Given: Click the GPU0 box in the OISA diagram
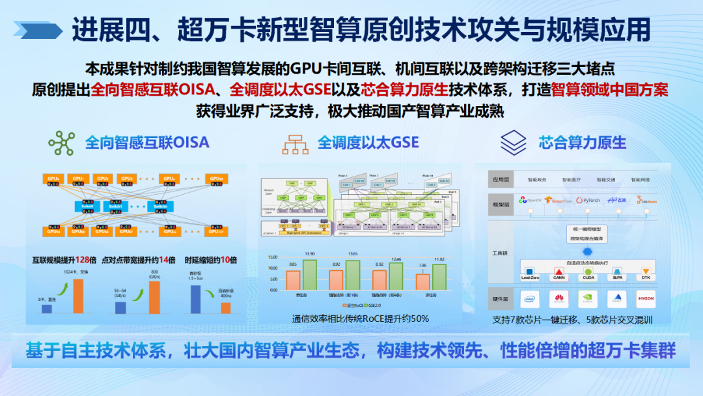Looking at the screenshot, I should [52, 178].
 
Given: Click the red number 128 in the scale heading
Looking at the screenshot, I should [82, 260].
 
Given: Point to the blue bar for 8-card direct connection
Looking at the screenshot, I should [46, 309].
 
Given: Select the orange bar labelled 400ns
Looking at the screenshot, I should [225, 307].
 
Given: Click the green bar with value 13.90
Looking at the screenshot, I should [309, 275].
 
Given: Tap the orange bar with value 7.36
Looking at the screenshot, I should [423, 281].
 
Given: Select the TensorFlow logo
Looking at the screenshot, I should [547, 201].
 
